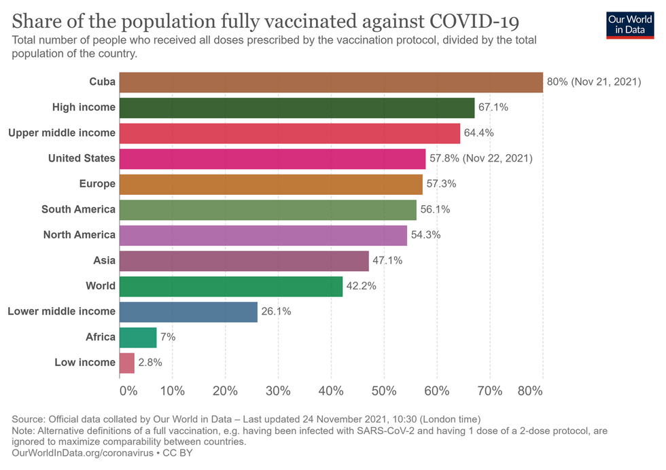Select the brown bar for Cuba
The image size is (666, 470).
(x=331, y=82)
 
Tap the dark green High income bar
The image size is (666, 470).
(x=296, y=108)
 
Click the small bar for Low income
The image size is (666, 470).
(x=126, y=363)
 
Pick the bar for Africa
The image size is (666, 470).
(x=137, y=337)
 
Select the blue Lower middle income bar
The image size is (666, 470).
(x=188, y=312)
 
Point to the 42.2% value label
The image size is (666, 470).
(x=361, y=286)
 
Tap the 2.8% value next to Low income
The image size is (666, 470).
(x=150, y=363)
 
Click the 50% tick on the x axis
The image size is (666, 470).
(x=384, y=391)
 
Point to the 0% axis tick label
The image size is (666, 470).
(x=128, y=391)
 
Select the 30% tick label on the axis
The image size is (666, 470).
(x=278, y=391)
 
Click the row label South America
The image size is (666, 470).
(x=78, y=209)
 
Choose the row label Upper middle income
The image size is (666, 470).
(x=62, y=133)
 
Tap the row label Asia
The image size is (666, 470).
(x=104, y=260)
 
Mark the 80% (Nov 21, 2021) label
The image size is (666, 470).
(x=593, y=82)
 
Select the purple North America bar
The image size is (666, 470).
(x=263, y=235)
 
